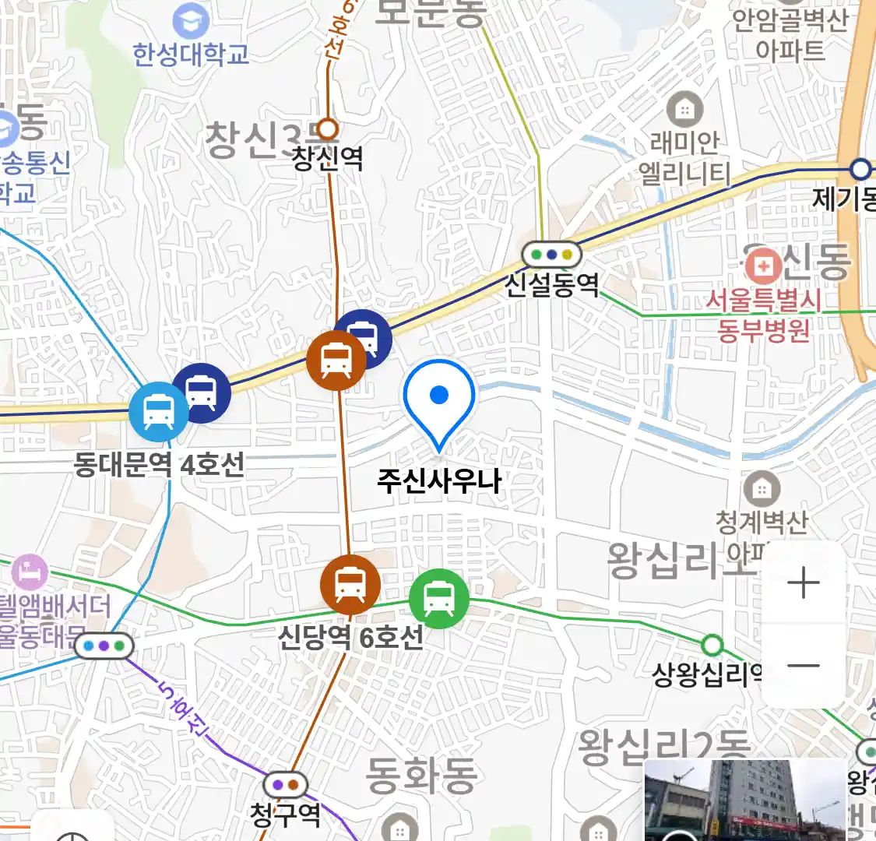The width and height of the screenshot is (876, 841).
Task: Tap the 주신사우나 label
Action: point(439,480)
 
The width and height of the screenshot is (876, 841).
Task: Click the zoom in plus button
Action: point(804,583)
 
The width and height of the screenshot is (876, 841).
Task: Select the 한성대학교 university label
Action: point(191,55)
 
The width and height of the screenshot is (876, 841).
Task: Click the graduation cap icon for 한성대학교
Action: point(191,20)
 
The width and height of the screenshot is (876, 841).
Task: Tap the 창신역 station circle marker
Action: point(329,128)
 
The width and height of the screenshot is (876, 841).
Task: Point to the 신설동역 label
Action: point(552,284)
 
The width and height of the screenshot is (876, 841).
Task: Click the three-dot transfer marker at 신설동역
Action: point(552,254)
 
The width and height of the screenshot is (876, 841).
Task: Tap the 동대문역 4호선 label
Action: point(160,465)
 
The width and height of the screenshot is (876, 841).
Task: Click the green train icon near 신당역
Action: point(439,599)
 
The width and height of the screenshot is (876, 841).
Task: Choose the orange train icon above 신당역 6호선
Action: point(350,585)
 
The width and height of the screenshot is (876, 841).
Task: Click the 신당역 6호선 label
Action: point(351,637)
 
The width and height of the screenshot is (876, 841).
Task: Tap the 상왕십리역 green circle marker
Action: point(712,646)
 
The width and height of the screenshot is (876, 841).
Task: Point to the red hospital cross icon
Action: point(763,266)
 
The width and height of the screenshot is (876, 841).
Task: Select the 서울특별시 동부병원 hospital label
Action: point(764,315)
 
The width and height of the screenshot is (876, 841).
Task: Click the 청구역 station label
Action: point(285,815)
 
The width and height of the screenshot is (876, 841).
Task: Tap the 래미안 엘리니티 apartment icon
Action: point(684,110)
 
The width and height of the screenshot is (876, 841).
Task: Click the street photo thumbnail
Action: point(744,801)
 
